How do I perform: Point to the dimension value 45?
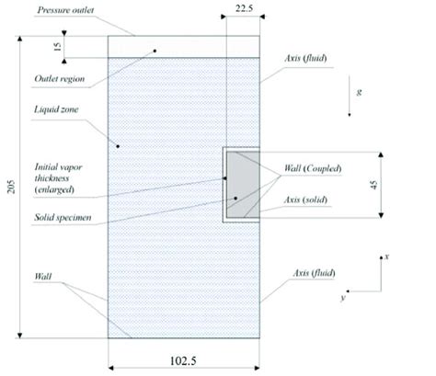(398, 184)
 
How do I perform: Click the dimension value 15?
(57, 48)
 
